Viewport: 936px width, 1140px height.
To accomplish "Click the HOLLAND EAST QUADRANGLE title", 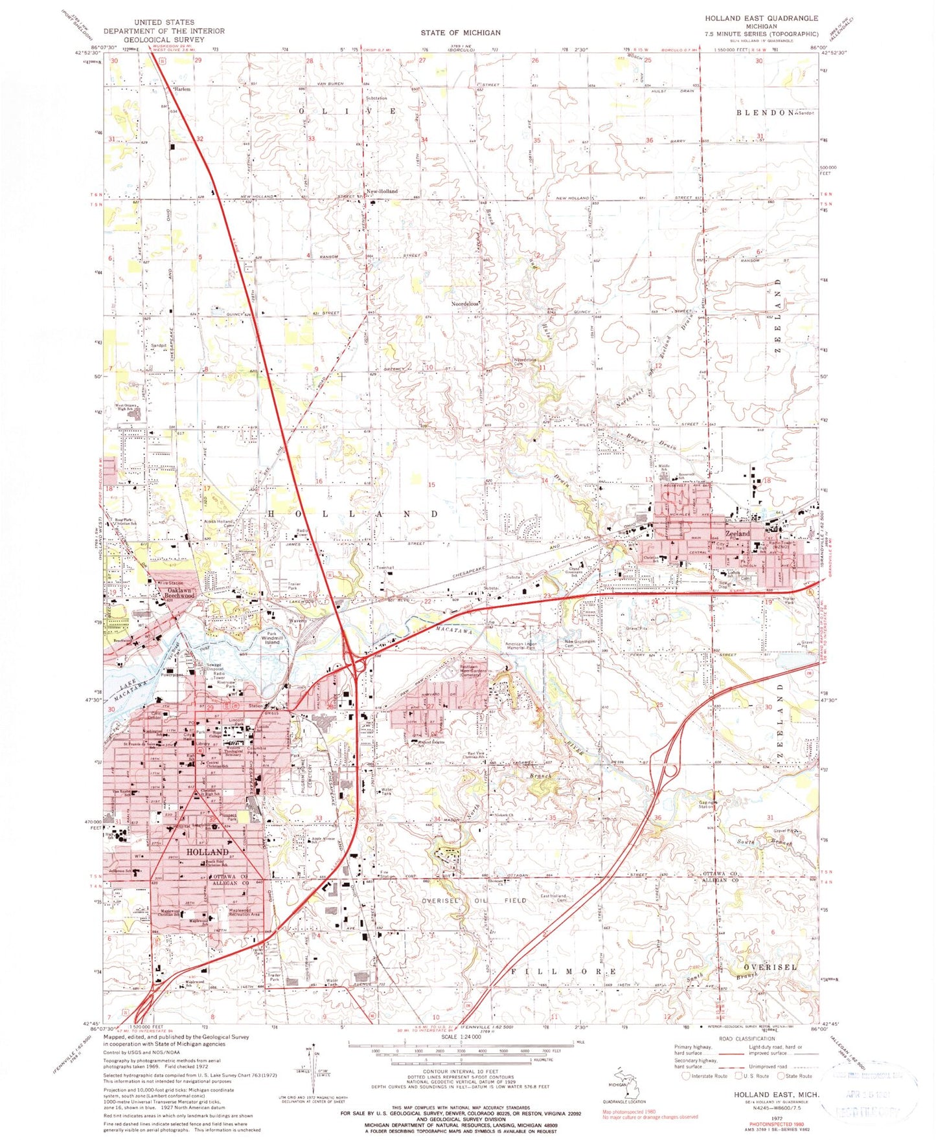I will pyautogui.click(x=761, y=18).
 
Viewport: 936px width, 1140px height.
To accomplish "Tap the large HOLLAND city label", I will pyautogui.click(x=207, y=852).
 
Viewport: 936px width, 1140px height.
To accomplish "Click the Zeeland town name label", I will pyautogui.click(x=737, y=533).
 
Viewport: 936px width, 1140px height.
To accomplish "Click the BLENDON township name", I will pyautogui.click(x=764, y=113).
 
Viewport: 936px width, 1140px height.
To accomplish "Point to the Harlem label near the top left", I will pyautogui.click(x=182, y=89).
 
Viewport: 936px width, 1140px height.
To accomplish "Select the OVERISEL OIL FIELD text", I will pyautogui.click(x=474, y=900).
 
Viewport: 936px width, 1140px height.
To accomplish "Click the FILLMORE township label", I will pyautogui.click(x=563, y=972).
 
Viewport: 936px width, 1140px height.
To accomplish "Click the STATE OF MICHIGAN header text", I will pyautogui.click(x=460, y=32).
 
